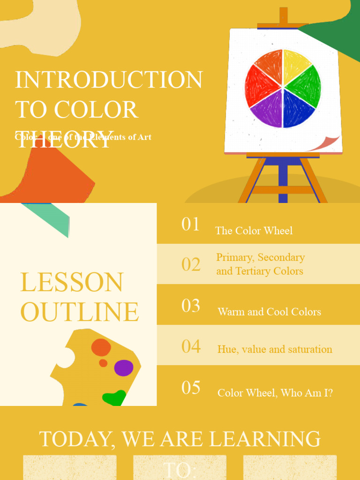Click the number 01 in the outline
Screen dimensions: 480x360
click(191, 224)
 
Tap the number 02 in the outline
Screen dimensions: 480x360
click(191, 264)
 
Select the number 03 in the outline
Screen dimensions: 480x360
click(191, 306)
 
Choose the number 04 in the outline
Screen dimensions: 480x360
click(191, 346)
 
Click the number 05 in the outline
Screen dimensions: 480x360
click(191, 388)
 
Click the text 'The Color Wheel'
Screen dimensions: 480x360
click(254, 231)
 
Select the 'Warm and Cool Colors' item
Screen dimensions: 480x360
click(269, 312)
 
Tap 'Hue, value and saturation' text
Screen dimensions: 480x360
click(275, 349)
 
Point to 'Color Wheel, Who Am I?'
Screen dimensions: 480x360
click(275, 393)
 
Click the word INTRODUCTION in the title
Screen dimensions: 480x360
click(109, 80)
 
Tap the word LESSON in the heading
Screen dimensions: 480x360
click(72, 282)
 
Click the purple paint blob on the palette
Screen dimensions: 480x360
click(124, 368)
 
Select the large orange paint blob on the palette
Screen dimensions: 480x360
click(101, 347)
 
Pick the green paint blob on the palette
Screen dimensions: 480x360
click(114, 398)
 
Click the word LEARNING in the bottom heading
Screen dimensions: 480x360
click(264, 439)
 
